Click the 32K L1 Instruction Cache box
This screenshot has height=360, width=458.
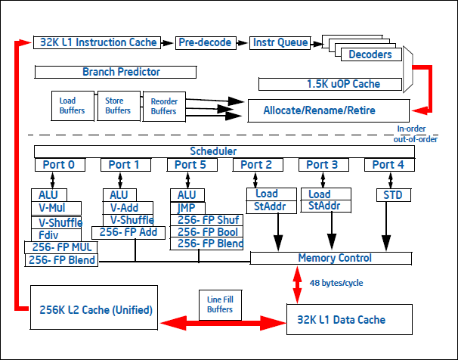point(96,43)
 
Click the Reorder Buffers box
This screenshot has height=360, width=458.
point(164,106)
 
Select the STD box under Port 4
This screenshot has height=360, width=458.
point(393,195)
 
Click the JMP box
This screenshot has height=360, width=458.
point(187,208)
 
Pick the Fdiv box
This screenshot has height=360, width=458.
point(48,234)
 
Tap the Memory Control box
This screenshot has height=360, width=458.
point(335,258)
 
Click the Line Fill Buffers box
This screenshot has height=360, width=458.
point(218,303)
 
